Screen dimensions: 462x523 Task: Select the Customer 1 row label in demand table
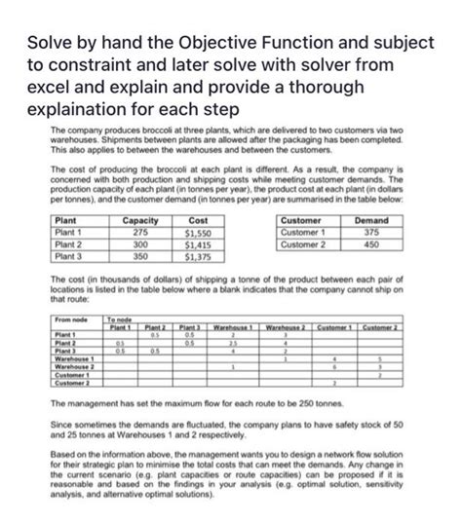298,233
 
